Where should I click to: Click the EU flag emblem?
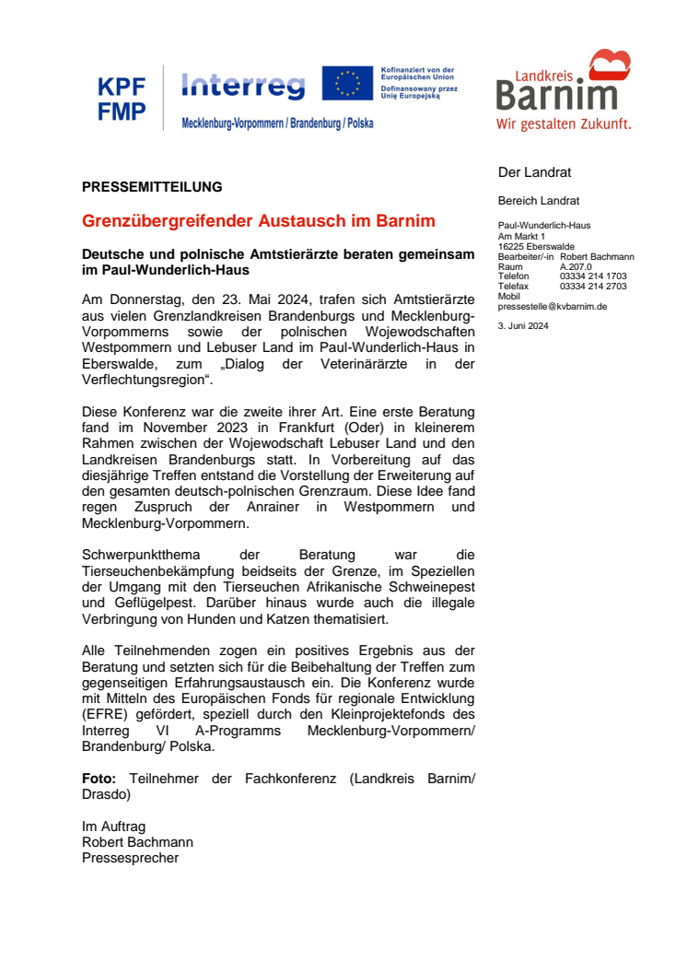pyautogui.click(x=347, y=83)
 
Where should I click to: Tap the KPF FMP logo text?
pyautogui.click(x=122, y=100)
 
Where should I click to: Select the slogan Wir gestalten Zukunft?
pyautogui.click(x=564, y=123)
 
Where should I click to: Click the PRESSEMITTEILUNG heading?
pyautogui.click(x=152, y=187)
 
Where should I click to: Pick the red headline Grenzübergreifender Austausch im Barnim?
pyautogui.click(x=259, y=222)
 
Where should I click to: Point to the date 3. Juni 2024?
pyautogui.click(x=523, y=325)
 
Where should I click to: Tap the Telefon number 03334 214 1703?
pyautogui.click(x=593, y=275)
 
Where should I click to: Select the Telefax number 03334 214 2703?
pyautogui.click(x=593, y=287)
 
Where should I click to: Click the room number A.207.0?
pyautogui.click(x=576, y=265)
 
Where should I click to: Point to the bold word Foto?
pyautogui.click(x=99, y=779)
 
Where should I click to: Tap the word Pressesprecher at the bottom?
pyautogui.click(x=130, y=858)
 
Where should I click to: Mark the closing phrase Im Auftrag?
pyautogui.click(x=113, y=826)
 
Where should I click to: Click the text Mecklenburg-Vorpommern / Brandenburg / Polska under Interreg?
pyautogui.click(x=277, y=123)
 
